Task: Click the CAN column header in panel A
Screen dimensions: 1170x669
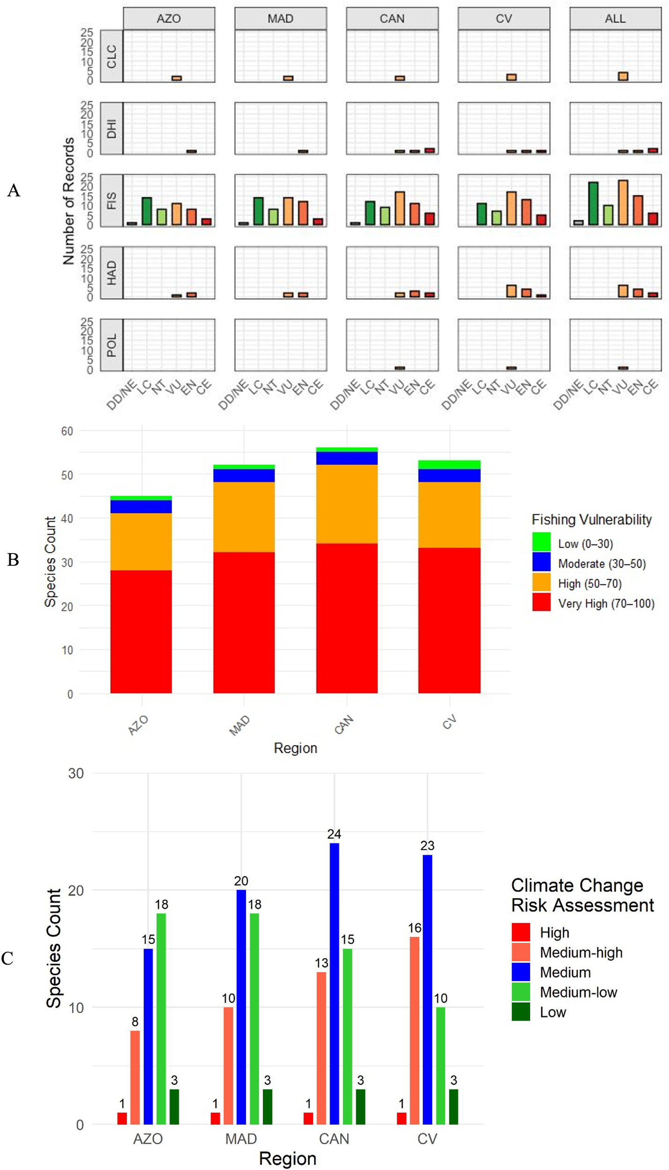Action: [x=392, y=19]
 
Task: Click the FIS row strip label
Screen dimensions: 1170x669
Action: [x=111, y=200]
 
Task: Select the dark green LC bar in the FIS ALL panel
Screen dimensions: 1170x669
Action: [x=593, y=204]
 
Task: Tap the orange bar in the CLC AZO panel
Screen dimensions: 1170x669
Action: [x=176, y=78]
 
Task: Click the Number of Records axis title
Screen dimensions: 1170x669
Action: [x=69, y=201]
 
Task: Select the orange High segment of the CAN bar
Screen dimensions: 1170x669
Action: [x=347, y=504]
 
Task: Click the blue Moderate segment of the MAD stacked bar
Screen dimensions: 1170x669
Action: [x=244, y=475]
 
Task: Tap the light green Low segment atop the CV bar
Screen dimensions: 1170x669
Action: [x=449, y=464]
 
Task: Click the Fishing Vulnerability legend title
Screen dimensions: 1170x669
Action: [x=591, y=519]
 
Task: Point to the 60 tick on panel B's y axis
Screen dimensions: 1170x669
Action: [x=67, y=431]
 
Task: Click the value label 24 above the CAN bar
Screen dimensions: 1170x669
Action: [x=334, y=834]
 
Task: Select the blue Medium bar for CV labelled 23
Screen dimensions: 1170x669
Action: [x=427, y=990]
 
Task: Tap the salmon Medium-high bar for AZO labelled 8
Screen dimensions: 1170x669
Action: [x=135, y=1077]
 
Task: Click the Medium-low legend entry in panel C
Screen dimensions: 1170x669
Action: [x=578, y=992]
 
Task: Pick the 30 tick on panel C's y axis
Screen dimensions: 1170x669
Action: [x=76, y=773]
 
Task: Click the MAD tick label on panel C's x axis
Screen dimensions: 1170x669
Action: [x=241, y=1138]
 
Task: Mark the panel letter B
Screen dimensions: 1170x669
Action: [x=13, y=559]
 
